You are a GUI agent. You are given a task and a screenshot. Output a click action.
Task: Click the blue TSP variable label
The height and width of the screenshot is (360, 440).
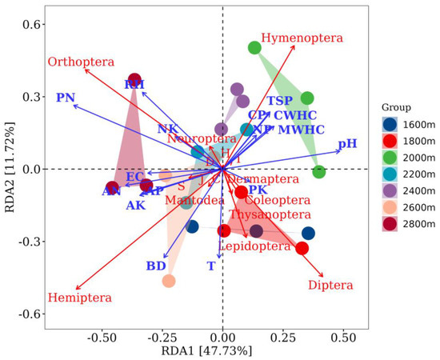click(x=279, y=101)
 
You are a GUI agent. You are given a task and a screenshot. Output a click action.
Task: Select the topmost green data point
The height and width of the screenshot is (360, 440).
click(x=255, y=48)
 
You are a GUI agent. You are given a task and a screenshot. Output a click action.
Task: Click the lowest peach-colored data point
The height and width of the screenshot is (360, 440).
click(x=169, y=281)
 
